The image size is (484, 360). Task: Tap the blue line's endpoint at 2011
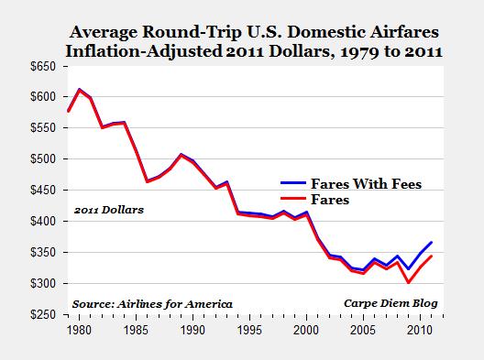431,243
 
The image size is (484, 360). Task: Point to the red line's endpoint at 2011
431,256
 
